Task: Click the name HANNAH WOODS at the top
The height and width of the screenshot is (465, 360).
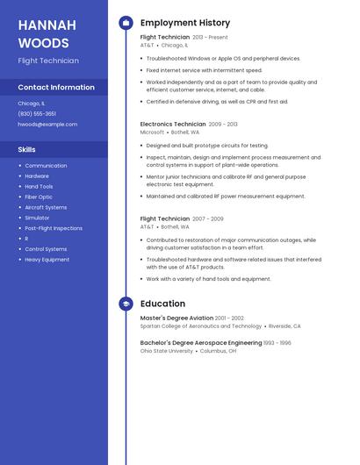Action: click(47, 33)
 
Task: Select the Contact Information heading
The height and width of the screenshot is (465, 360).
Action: click(56, 88)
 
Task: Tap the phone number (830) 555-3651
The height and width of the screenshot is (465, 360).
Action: click(37, 114)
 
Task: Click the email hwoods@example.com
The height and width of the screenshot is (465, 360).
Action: click(47, 125)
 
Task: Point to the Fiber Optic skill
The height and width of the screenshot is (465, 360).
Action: click(39, 197)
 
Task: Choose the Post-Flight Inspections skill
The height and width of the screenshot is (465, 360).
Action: click(54, 228)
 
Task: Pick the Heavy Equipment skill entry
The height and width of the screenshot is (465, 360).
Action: click(47, 260)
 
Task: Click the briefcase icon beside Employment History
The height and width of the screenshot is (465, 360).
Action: click(126, 23)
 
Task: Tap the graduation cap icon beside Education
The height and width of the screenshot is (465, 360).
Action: click(126, 304)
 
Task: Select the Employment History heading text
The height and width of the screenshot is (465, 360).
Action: click(185, 23)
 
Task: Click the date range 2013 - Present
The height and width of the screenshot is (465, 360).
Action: click(210, 38)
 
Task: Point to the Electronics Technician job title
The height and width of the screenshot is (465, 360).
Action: click(173, 125)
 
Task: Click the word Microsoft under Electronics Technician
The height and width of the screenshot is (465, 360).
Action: click(152, 132)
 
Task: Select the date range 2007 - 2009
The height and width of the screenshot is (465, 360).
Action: click(208, 218)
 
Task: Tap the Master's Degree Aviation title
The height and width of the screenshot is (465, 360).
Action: click(176, 318)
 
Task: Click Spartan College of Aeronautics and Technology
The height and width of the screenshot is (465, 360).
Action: click(201, 325)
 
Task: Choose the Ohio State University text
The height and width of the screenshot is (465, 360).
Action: click(167, 351)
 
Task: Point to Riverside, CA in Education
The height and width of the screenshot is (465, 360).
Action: click(284, 325)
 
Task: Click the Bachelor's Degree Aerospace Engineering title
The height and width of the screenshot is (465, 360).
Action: click(201, 343)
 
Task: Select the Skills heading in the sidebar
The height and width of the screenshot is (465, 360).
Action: click(26, 150)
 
